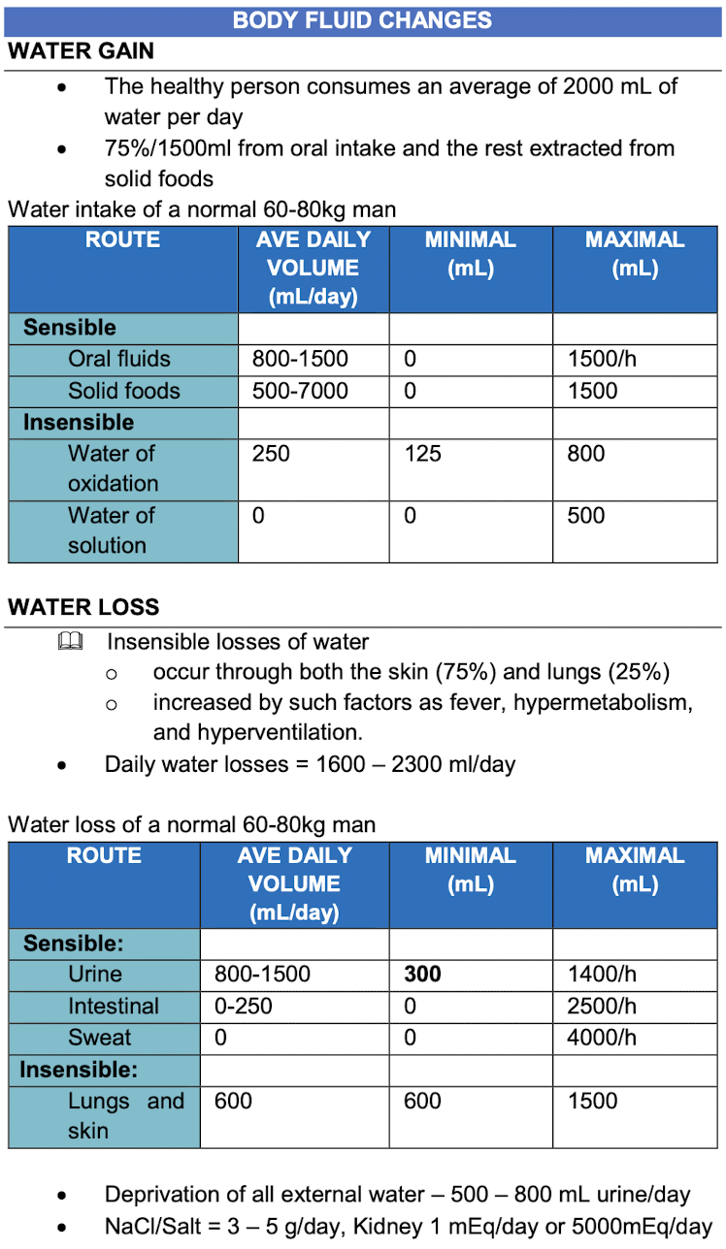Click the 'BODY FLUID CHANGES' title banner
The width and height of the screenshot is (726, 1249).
tap(362, 20)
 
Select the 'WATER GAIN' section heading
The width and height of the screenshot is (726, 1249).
tap(81, 51)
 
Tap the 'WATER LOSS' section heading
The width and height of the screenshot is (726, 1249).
tap(83, 608)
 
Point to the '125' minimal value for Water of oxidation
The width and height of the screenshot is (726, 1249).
tap(422, 454)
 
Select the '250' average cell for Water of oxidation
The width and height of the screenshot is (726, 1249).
tap(271, 454)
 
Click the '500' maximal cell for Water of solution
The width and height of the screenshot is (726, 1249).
tap(586, 515)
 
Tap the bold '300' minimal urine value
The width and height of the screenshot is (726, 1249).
tap(422, 974)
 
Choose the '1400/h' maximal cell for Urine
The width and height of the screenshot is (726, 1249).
tap(602, 974)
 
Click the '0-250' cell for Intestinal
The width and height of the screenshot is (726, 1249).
tap(243, 1006)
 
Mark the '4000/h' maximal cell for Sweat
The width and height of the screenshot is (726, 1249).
tap(602, 1038)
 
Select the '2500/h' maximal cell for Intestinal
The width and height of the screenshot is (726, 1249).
tap(602, 1006)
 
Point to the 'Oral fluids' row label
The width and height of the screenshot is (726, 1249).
tap(118, 359)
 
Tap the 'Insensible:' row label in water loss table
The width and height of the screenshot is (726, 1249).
tap(79, 1070)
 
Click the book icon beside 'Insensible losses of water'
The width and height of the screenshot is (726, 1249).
tap(70, 642)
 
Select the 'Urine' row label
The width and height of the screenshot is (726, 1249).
tap(95, 974)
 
